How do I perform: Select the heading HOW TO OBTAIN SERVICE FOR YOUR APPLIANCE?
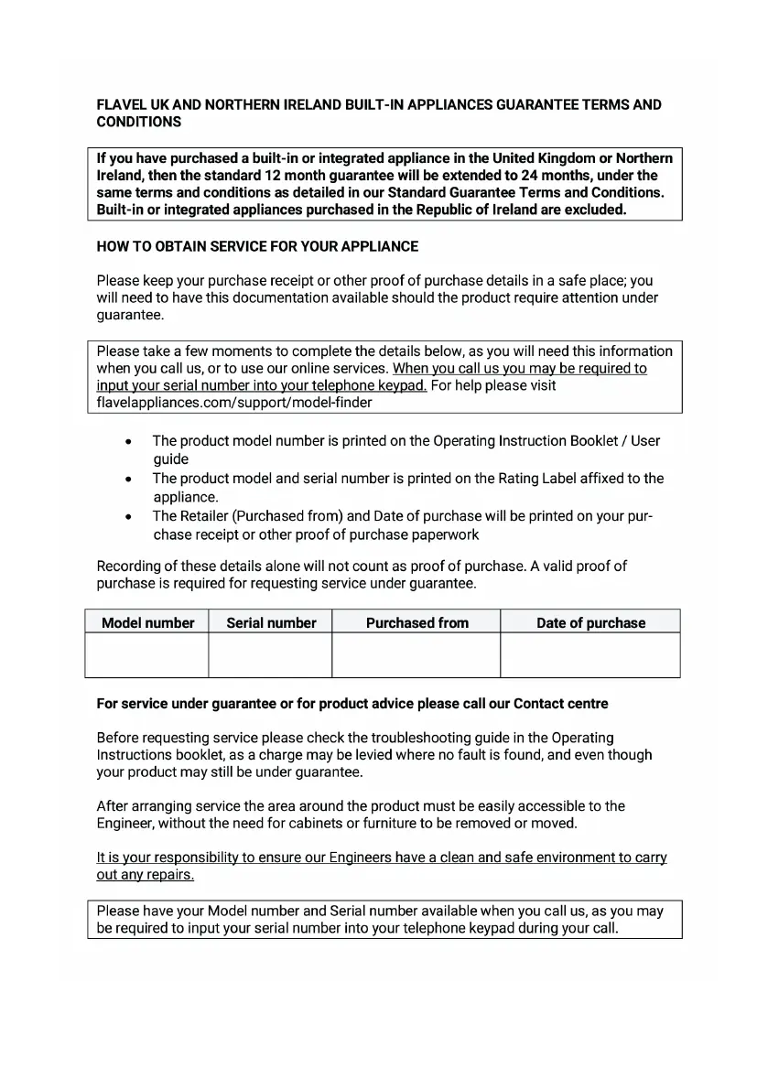pyautogui.click(x=257, y=246)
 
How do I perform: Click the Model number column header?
pyautogui.click(x=147, y=622)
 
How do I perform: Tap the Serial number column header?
pyautogui.click(x=271, y=622)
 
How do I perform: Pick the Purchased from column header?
pyautogui.click(x=416, y=622)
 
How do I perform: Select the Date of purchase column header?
pyautogui.click(x=590, y=622)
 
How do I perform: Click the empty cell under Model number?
pyautogui.click(x=147, y=655)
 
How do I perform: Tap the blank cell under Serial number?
pyautogui.click(x=271, y=655)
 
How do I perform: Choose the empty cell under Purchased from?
pyautogui.click(x=416, y=655)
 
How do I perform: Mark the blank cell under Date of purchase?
pyautogui.click(x=590, y=655)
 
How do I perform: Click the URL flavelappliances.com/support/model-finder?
pyautogui.click(x=234, y=403)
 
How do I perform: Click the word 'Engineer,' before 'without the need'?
pyautogui.click(x=125, y=824)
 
